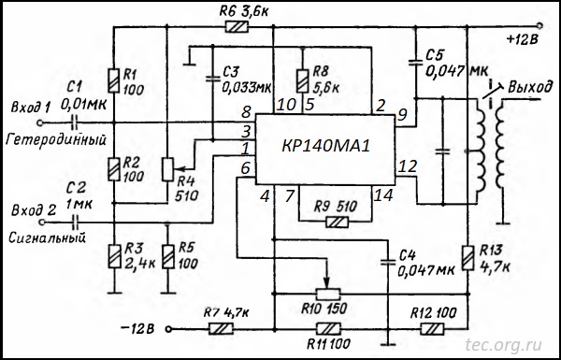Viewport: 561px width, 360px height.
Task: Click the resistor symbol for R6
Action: click(237, 27)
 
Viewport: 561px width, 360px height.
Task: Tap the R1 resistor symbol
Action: click(114, 80)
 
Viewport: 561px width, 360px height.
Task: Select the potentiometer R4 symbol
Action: click(167, 169)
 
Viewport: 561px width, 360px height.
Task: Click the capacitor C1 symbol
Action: click(75, 123)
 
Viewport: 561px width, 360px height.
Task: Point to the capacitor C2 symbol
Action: click(75, 223)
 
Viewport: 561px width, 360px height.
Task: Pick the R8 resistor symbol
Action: click(303, 80)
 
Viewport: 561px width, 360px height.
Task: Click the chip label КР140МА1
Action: click(325, 147)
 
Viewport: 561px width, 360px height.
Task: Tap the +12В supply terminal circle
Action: click(539, 26)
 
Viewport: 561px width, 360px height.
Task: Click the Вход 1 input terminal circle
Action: click(40, 123)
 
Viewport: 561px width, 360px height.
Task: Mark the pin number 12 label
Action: click(407, 166)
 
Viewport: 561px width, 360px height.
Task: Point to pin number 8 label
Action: click(246, 112)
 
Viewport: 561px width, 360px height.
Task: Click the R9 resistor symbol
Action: click(337, 223)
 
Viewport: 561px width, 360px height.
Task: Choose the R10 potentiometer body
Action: click(328, 295)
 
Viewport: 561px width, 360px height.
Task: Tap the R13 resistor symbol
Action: click(467, 258)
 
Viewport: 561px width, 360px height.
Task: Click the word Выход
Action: click(529, 87)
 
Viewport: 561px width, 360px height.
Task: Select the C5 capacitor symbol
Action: click(416, 63)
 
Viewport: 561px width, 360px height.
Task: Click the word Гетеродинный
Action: click(56, 139)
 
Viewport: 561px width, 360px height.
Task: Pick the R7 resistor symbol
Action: click(221, 329)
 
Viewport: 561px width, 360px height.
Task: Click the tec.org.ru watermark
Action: click(503, 345)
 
